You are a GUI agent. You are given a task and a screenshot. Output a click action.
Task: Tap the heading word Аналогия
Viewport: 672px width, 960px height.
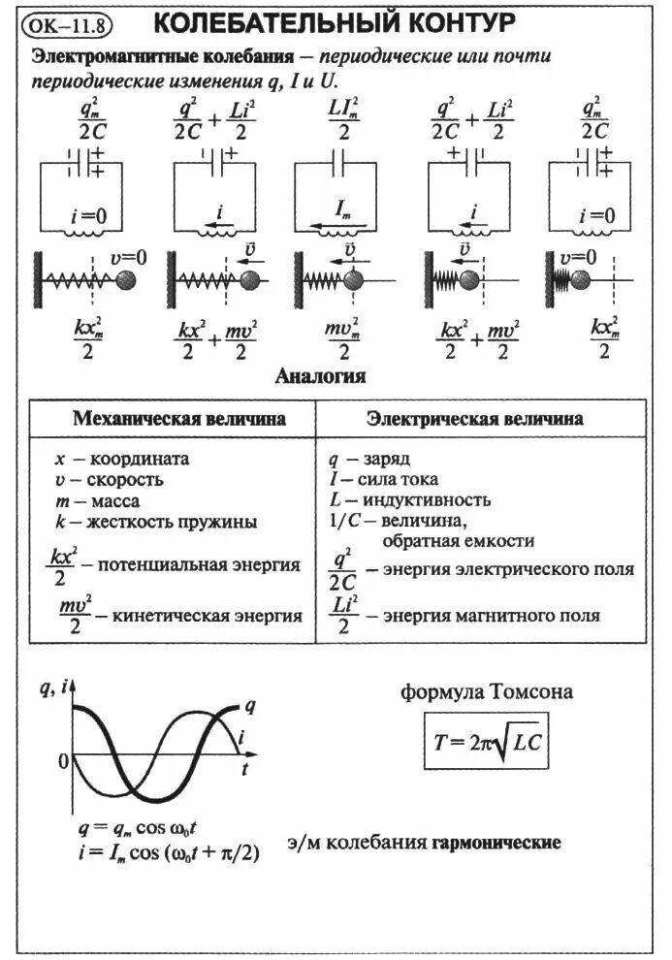(x=321, y=376)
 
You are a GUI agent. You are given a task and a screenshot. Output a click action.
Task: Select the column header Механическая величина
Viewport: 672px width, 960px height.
(x=179, y=420)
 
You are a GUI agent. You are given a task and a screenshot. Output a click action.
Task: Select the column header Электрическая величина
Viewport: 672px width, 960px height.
(x=474, y=420)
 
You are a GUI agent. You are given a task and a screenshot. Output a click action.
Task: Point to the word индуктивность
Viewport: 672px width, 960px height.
(x=429, y=500)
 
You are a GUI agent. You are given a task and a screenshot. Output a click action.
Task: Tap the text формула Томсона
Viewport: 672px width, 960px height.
(x=487, y=692)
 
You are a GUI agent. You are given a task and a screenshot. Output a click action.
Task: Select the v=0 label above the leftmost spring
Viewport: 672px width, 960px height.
(x=127, y=258)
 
